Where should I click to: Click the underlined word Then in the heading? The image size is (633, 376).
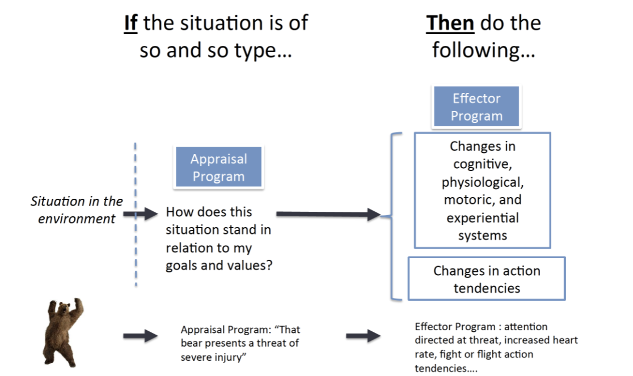point(449,23)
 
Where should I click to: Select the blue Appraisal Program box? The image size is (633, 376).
point(218,168)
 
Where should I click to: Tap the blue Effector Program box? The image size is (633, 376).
point(476,106)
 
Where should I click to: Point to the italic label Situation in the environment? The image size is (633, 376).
point(76,210)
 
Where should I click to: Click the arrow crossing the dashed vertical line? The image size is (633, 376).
point(140,214)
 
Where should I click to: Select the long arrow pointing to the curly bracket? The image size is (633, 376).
point(327,214)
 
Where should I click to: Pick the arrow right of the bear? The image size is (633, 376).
point(140,336)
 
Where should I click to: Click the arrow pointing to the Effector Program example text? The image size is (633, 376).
point(363,336)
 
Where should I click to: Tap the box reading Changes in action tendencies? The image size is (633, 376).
point(486,279)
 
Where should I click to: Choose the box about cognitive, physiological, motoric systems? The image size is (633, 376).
point(482,190)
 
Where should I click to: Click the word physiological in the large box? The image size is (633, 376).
point(482,182)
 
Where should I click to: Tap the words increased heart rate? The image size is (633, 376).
point(533,340)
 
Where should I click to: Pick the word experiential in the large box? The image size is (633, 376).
point(482,218)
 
